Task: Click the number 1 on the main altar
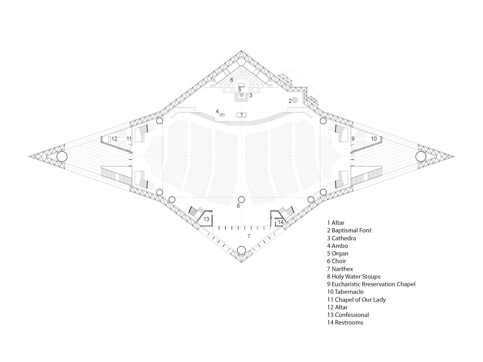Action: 241,115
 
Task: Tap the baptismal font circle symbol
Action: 295,100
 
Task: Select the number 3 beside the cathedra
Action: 251,96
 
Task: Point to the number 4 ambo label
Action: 217,111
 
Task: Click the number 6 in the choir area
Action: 232,80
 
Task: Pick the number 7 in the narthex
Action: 249,236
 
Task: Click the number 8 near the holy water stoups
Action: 238,206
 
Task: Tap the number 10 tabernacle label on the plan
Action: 374,139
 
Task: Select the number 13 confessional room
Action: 206,219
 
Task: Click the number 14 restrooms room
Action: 280,222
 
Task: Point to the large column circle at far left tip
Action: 62,157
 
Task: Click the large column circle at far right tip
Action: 421,157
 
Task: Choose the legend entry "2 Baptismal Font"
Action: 349,230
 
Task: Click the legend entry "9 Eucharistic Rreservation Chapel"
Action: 371,284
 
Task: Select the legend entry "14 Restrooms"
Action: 345,322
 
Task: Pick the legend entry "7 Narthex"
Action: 340,269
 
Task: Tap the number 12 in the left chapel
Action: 114,139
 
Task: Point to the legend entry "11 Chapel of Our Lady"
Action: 356,300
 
